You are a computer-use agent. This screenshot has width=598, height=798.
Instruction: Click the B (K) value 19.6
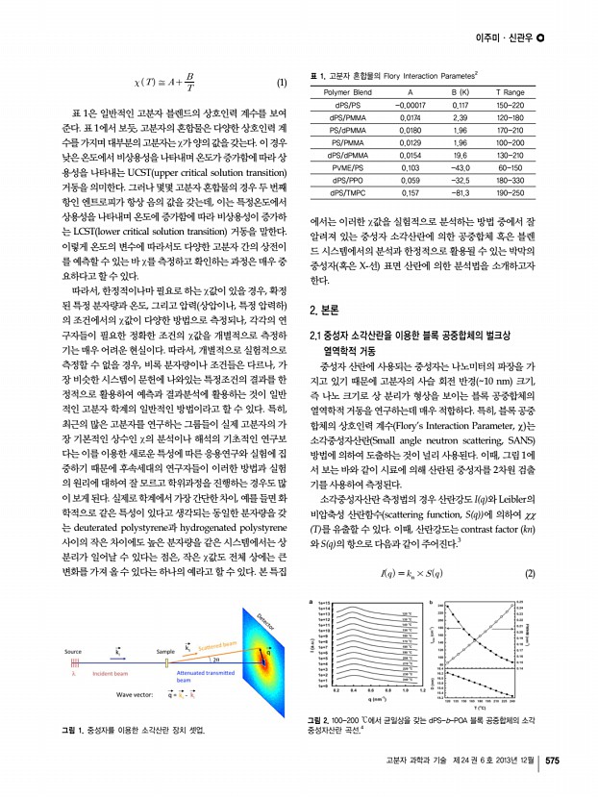(459, 153)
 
